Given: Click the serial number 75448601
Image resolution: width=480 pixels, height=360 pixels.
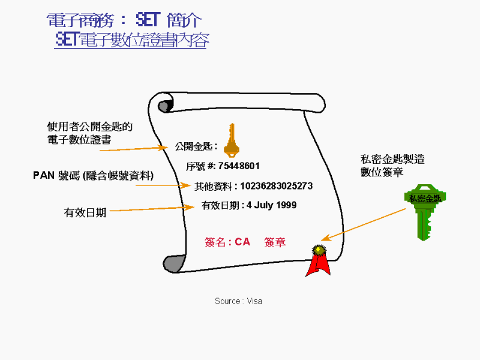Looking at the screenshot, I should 239,166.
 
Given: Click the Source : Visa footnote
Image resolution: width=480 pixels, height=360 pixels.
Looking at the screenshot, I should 238,301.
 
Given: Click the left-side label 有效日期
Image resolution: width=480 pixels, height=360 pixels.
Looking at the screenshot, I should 85,212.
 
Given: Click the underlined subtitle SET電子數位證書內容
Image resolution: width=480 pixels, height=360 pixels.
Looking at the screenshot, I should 131,40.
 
